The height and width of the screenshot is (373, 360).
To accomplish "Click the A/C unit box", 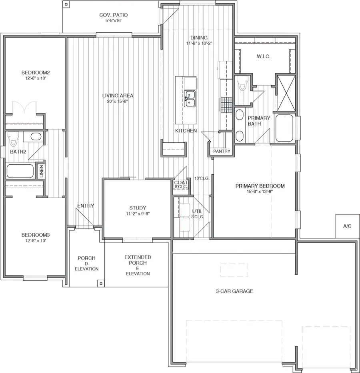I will click(347, 226).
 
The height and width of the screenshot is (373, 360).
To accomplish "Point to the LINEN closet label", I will click(41, 171).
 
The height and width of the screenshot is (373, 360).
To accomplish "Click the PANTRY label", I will click(222, 152).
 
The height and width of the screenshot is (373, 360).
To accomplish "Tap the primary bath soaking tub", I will click(284, 128).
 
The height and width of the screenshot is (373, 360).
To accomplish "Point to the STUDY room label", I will click(138, 208).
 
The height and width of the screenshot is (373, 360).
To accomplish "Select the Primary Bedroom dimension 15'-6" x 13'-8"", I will click(260, 191).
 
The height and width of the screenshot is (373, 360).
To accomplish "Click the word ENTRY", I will click(86, 206).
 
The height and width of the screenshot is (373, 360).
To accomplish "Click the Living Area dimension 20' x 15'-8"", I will click(118, 102).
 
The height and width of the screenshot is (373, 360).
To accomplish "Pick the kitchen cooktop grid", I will click(225, 105).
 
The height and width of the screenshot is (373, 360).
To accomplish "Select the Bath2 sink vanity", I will click(32, 137).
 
